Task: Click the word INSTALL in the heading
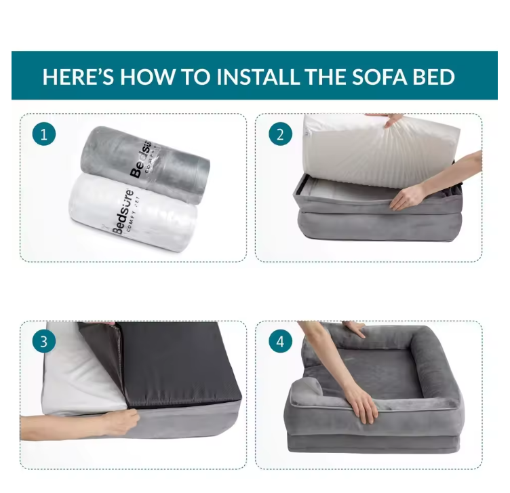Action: coord(259,77)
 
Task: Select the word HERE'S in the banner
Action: coord(79,77)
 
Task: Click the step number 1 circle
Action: coord(44,134)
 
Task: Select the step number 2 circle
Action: coord(280,134)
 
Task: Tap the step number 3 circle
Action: coord(44,341)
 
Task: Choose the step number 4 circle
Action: coord(280,341)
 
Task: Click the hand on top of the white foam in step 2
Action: coord(391,119)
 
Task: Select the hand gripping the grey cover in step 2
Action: coord(411,197)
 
